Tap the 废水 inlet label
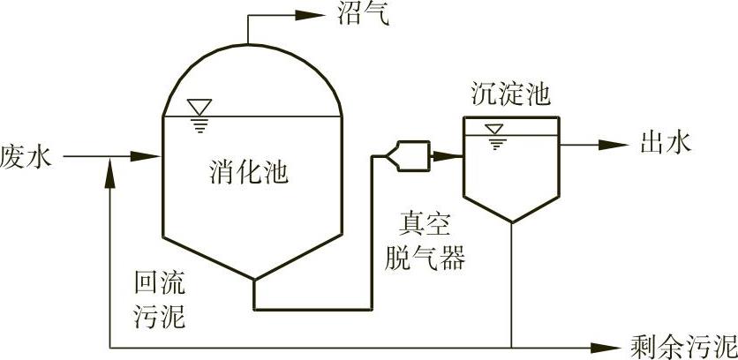(x=27, y=159)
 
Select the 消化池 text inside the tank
(x=251, y=171)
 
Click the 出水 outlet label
(x=666, y=142)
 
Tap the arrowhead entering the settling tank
(x=452, y=156)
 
